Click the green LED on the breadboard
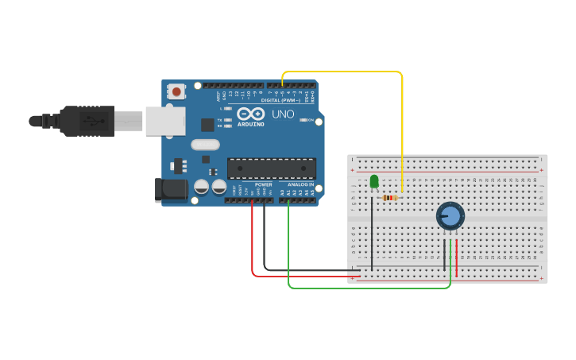(x=374, y=182)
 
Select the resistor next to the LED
(x=389, y=198)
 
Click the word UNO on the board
(x=284, y=114)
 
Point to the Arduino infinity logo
(x=251, y=114)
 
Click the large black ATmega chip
(x=271, y=168)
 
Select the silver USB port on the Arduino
(x=164, y=121)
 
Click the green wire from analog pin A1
(x=365, y=288)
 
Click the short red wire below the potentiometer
(x=457, y=252)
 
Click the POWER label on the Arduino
(x=263, y=184)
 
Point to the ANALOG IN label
(x=300, y=184)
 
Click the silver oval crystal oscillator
(x=204, y=145)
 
